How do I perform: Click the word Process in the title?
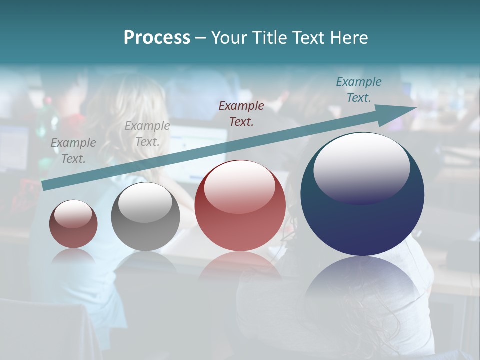point(157,38)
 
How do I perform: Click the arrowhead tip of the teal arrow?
point(416,108)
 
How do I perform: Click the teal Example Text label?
point(358,90)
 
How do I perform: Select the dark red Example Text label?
point(241,113)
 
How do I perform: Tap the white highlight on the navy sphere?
point(361,167)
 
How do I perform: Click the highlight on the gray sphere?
point(145,202)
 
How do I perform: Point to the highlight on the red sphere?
point(239,186)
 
